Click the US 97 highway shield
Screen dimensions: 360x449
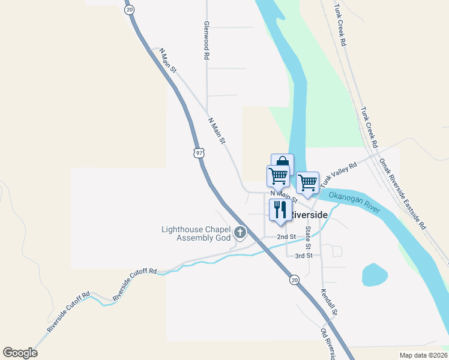199,153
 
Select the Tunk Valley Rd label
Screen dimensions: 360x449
339,173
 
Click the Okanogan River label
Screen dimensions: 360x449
355,203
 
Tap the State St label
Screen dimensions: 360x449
308,238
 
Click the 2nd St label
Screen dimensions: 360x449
286,237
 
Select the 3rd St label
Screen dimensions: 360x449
303,256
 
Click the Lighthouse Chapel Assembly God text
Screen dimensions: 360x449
196,233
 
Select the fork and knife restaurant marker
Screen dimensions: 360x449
280,210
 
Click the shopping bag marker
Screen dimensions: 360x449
282,163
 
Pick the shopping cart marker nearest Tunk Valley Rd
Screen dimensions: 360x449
307,182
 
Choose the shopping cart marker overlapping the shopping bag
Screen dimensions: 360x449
278,176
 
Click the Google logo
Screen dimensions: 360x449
20,353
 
